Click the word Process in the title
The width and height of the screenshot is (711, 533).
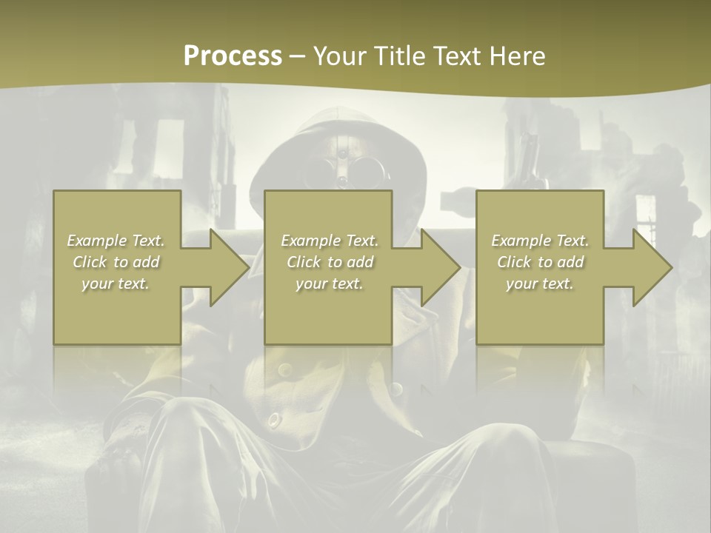click(x=233, y=56)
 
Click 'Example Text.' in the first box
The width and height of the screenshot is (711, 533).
click(x=116, y=241)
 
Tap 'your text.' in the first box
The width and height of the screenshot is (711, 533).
click(x=116, y=284)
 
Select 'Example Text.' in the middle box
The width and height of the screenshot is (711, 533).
click(x=330, y=241)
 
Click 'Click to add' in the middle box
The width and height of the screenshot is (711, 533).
click(x=330, y=262)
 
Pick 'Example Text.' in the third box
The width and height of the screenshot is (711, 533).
click(x=540, y=241)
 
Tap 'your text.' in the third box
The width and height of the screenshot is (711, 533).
click(x=540, y=284)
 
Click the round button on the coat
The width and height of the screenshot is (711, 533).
click(x=274, y=420)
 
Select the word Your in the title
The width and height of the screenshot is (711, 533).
click(x=340, y=56)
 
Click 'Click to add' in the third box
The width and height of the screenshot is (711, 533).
click(x=540, y=262)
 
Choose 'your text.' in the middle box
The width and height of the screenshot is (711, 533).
click(x=330, y=284)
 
